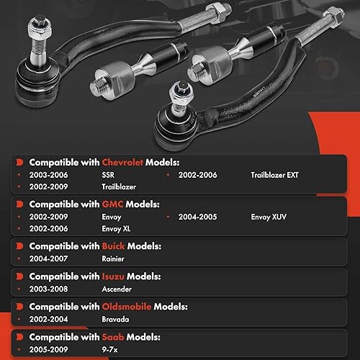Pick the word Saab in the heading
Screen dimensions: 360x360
tap(99, 336)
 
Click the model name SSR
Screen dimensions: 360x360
tap(111, 175)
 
